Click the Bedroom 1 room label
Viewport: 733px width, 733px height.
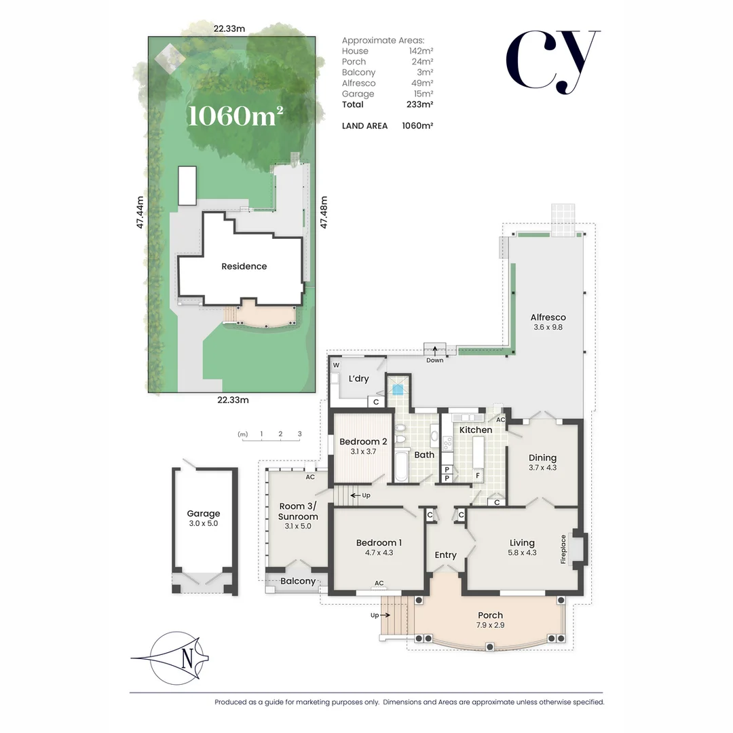[379, 543]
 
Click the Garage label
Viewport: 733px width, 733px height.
[204, 514]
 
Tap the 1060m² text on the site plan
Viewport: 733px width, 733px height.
[235, 115]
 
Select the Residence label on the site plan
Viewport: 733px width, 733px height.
[244, 266]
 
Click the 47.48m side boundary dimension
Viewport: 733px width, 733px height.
[324, 212]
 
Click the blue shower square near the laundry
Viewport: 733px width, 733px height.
[397, 390]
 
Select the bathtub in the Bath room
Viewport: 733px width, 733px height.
[400, 468]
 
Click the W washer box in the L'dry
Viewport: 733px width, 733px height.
[336, 365]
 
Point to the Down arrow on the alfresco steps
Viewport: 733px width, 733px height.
[435, 352]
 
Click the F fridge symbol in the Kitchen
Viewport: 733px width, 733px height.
[478, 475]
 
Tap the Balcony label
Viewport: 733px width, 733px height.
[298, 581]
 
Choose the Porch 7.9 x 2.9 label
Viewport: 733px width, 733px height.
[490, 620]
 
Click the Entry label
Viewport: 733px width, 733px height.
[445, 555]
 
